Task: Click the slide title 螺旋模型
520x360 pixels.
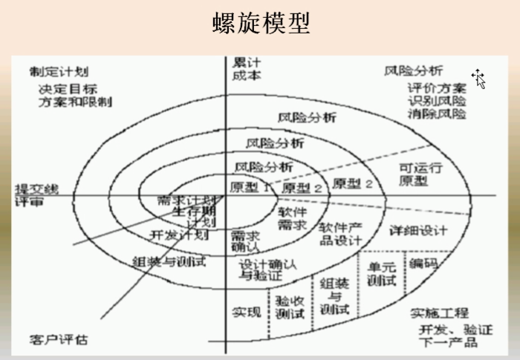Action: [x=260, y=23]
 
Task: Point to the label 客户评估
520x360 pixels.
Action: [x=59, y=339]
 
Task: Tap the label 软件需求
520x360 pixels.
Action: [x=292, y=217]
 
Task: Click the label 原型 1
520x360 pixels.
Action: [x=250, y=186]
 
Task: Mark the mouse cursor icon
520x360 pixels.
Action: [x=479, y=78]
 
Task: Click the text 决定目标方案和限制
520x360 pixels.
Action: [x=75, y=95]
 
